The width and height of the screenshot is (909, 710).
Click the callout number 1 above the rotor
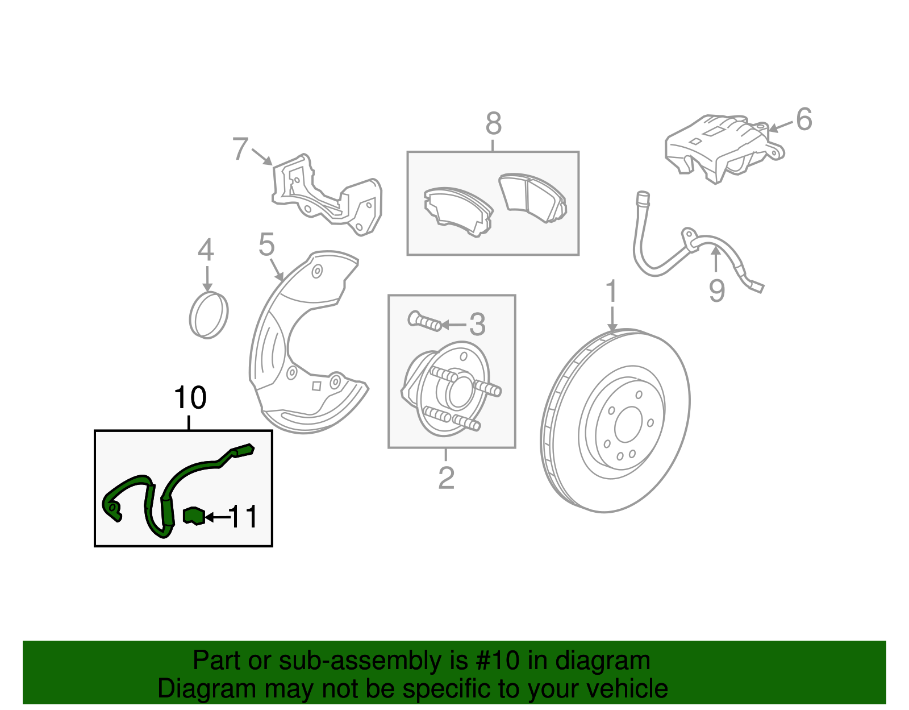tap(611, 292)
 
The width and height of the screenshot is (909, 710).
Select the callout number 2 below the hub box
tap(446, 478)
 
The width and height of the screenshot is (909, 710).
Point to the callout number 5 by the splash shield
tap(266, 245)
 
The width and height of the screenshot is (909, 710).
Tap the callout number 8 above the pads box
tap(493, 123)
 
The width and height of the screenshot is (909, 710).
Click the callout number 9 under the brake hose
tap(716, 290)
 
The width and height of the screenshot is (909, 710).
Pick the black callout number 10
tap(190, 398)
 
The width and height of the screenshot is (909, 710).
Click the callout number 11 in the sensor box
tap(243, 517)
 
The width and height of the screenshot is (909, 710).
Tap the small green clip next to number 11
tap(194, 516)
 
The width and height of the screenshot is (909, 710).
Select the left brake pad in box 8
tap(457, 211)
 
